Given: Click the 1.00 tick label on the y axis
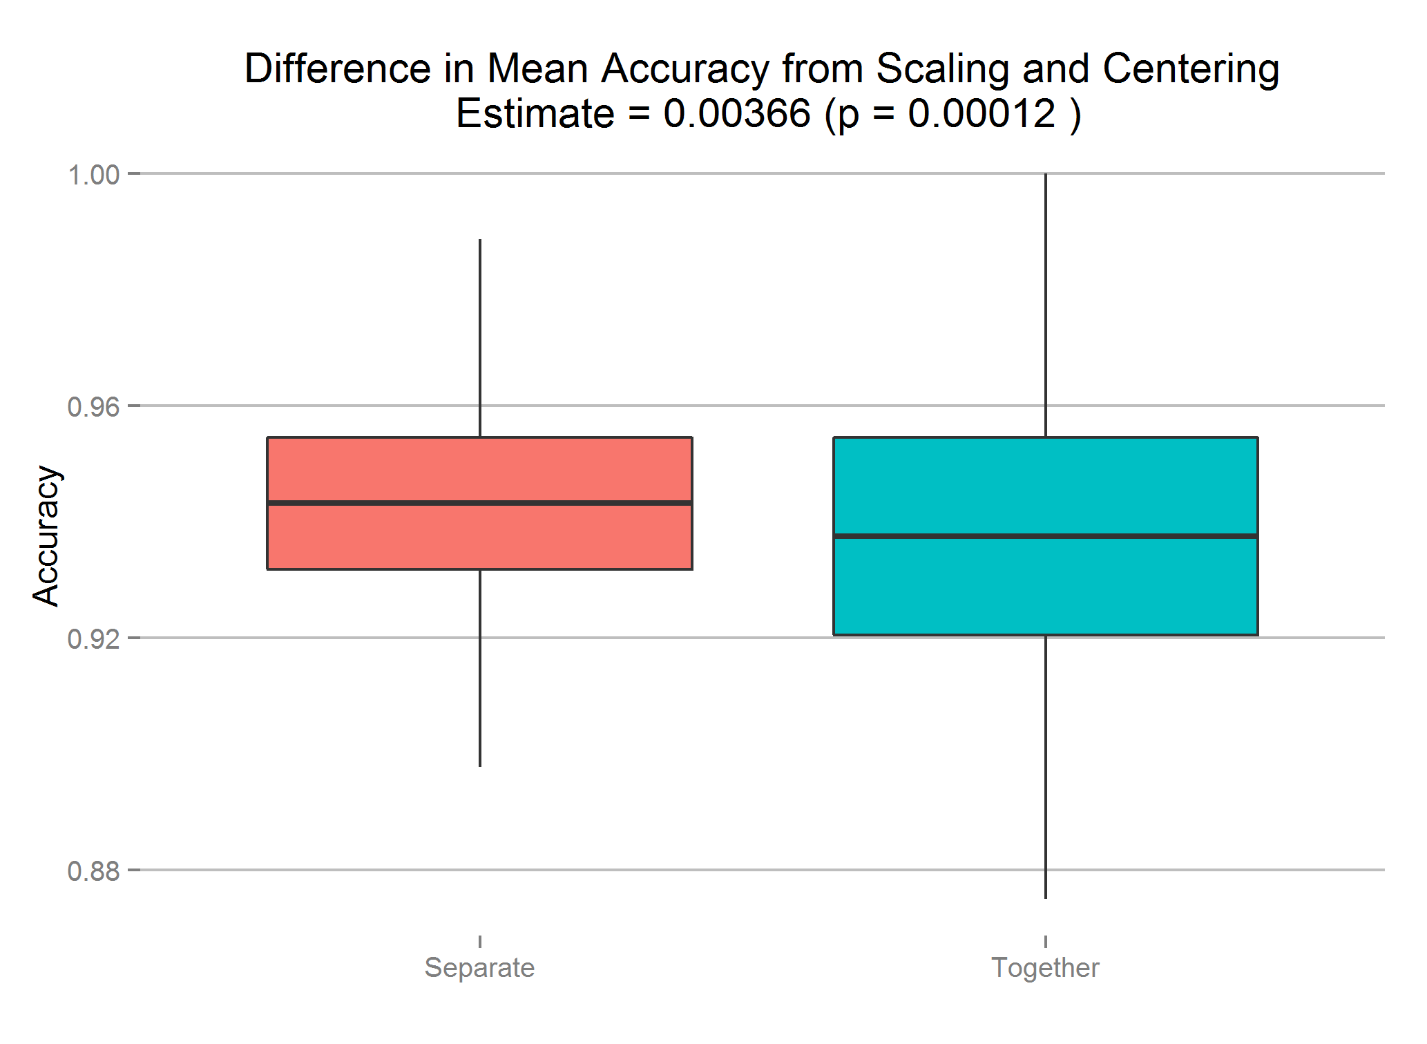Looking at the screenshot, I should (93, 175).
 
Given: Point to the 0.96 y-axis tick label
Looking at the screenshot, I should (93, 407).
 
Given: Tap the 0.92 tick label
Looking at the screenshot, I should (93, 639).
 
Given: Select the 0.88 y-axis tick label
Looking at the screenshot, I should (93, 871).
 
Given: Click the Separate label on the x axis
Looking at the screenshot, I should (479, 968).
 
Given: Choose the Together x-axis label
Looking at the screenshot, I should (1045, 968).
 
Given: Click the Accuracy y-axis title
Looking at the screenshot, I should (47, 536).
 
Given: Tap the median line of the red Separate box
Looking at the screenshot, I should (479, 502).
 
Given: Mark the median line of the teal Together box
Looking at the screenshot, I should (1045, 535).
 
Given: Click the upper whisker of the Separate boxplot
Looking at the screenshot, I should (480, 339).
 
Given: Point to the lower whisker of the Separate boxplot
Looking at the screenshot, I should (480, 667).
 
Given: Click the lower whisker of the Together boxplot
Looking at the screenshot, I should (1046, 766).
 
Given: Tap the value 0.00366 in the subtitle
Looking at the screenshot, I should (736, 114).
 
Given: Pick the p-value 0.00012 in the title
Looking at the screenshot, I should (981, 114).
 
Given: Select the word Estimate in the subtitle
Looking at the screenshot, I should (535, 114).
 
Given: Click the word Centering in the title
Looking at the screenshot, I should (1190, 70).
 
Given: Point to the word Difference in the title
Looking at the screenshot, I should (338, 70).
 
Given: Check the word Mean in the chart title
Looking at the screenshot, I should (537, 70).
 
